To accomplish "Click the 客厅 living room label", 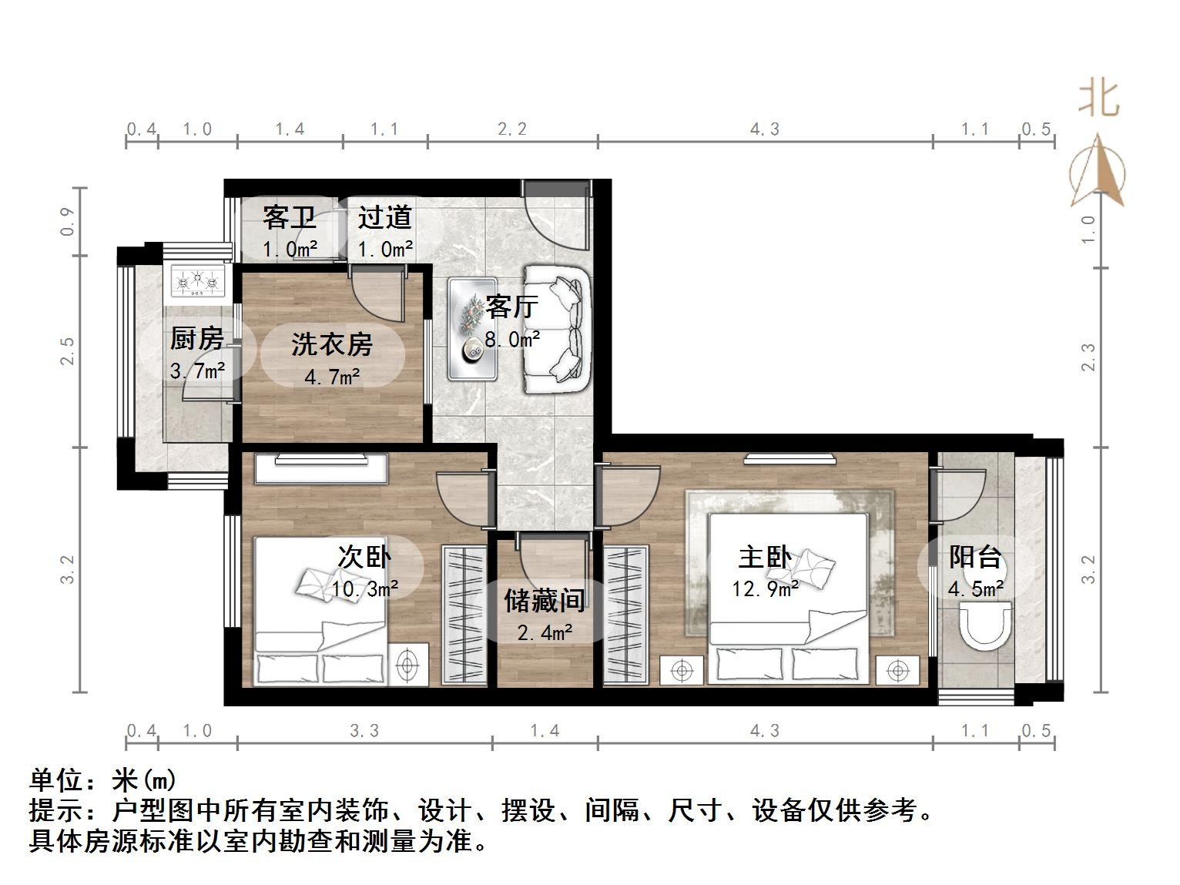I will [x=511, y=307].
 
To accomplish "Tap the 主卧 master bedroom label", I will [x=764, y=557].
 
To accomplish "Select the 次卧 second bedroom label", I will [x=364, y=556].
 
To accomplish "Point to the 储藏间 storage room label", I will [x=545, y=601].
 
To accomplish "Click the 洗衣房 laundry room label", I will [x=332, y=344].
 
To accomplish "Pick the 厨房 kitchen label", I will [x=197, y=338].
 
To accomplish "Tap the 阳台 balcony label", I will [x=975, y=556].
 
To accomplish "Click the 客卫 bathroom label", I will [x=289, y=217].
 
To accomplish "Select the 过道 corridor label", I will [x=384, y=217].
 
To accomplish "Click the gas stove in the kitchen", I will [x=199, y=281].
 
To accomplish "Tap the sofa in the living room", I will [x=556, y=329].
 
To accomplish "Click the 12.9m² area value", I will [x=765, y=589].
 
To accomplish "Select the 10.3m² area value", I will [x=364, y=589].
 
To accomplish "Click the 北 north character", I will [x=1098, y=99].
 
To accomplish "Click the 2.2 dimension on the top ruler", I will [x=512, y=129].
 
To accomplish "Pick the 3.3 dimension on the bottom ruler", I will [x=364, y=730].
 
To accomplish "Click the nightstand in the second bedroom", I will [x=408, y=663].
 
